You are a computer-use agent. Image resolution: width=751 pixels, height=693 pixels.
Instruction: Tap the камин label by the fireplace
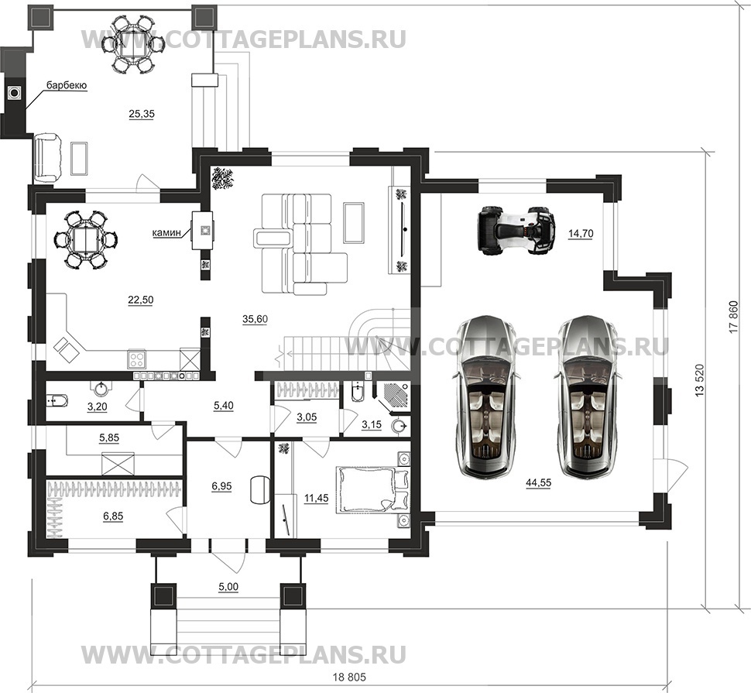click(167, 232)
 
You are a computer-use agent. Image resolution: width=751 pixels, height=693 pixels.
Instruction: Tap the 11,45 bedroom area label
click(316, 498)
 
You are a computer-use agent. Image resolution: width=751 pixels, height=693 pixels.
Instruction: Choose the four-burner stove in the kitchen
click(137, 359)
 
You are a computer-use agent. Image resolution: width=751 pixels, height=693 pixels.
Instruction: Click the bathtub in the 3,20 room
click(58, 401)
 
